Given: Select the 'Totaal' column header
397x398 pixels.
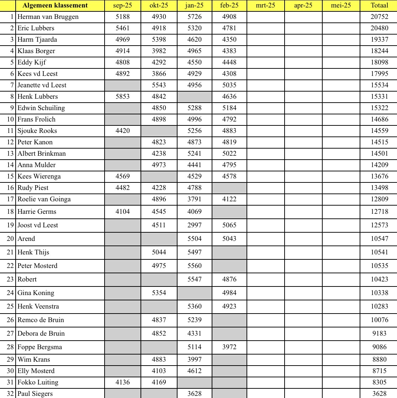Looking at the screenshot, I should (x=379, y=5).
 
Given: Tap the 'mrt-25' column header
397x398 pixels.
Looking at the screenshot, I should (x=265, y=5).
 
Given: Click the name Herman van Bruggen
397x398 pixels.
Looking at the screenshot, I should (x=48, y=17).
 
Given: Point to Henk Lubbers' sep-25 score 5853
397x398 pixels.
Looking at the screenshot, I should (x=123, y=97).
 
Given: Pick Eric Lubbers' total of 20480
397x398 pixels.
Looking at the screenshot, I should (x=379, y=28).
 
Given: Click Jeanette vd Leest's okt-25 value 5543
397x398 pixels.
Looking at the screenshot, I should (x=159, y=85).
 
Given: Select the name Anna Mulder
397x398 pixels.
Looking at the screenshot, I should (x=37, y=165).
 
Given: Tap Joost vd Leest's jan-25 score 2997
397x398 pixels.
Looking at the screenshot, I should (x=194, y=225).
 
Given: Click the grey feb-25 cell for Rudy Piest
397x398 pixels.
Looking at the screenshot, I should (x=229, y=188).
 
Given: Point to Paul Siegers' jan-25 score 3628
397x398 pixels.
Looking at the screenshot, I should (x=194, y=394).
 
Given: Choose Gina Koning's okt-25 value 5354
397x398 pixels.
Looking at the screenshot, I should (x=159, y=293).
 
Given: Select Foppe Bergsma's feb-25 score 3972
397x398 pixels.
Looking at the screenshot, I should (x=229, y=347).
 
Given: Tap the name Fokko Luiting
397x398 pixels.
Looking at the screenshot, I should (x=38, y=382).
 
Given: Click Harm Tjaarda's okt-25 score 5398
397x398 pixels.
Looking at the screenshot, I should (x=159, y=40).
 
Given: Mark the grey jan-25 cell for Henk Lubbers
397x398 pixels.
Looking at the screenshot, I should (x=194, y=97).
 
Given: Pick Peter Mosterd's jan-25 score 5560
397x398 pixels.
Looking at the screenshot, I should (x=194, y=266).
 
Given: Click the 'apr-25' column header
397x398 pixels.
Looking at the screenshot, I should (x=303, y=5).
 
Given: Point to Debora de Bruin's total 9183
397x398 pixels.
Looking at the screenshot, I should (x=379, y=334).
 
